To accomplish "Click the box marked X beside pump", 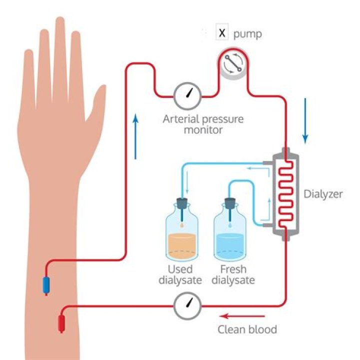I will point(222,33).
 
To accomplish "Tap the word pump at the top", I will point(247,34).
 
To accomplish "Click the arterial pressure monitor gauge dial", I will point(187,94).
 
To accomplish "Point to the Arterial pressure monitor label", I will point(203,124).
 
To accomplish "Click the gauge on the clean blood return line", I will point(187,305).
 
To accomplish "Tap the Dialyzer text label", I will point(323,194).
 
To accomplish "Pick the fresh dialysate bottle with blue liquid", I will point(230,235).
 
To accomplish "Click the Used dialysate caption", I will point(180,274).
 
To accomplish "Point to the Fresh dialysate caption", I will point(232,274).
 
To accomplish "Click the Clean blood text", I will point(247,329).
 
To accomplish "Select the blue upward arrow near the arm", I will point(135,135).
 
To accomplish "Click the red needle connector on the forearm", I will point(61,323).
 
